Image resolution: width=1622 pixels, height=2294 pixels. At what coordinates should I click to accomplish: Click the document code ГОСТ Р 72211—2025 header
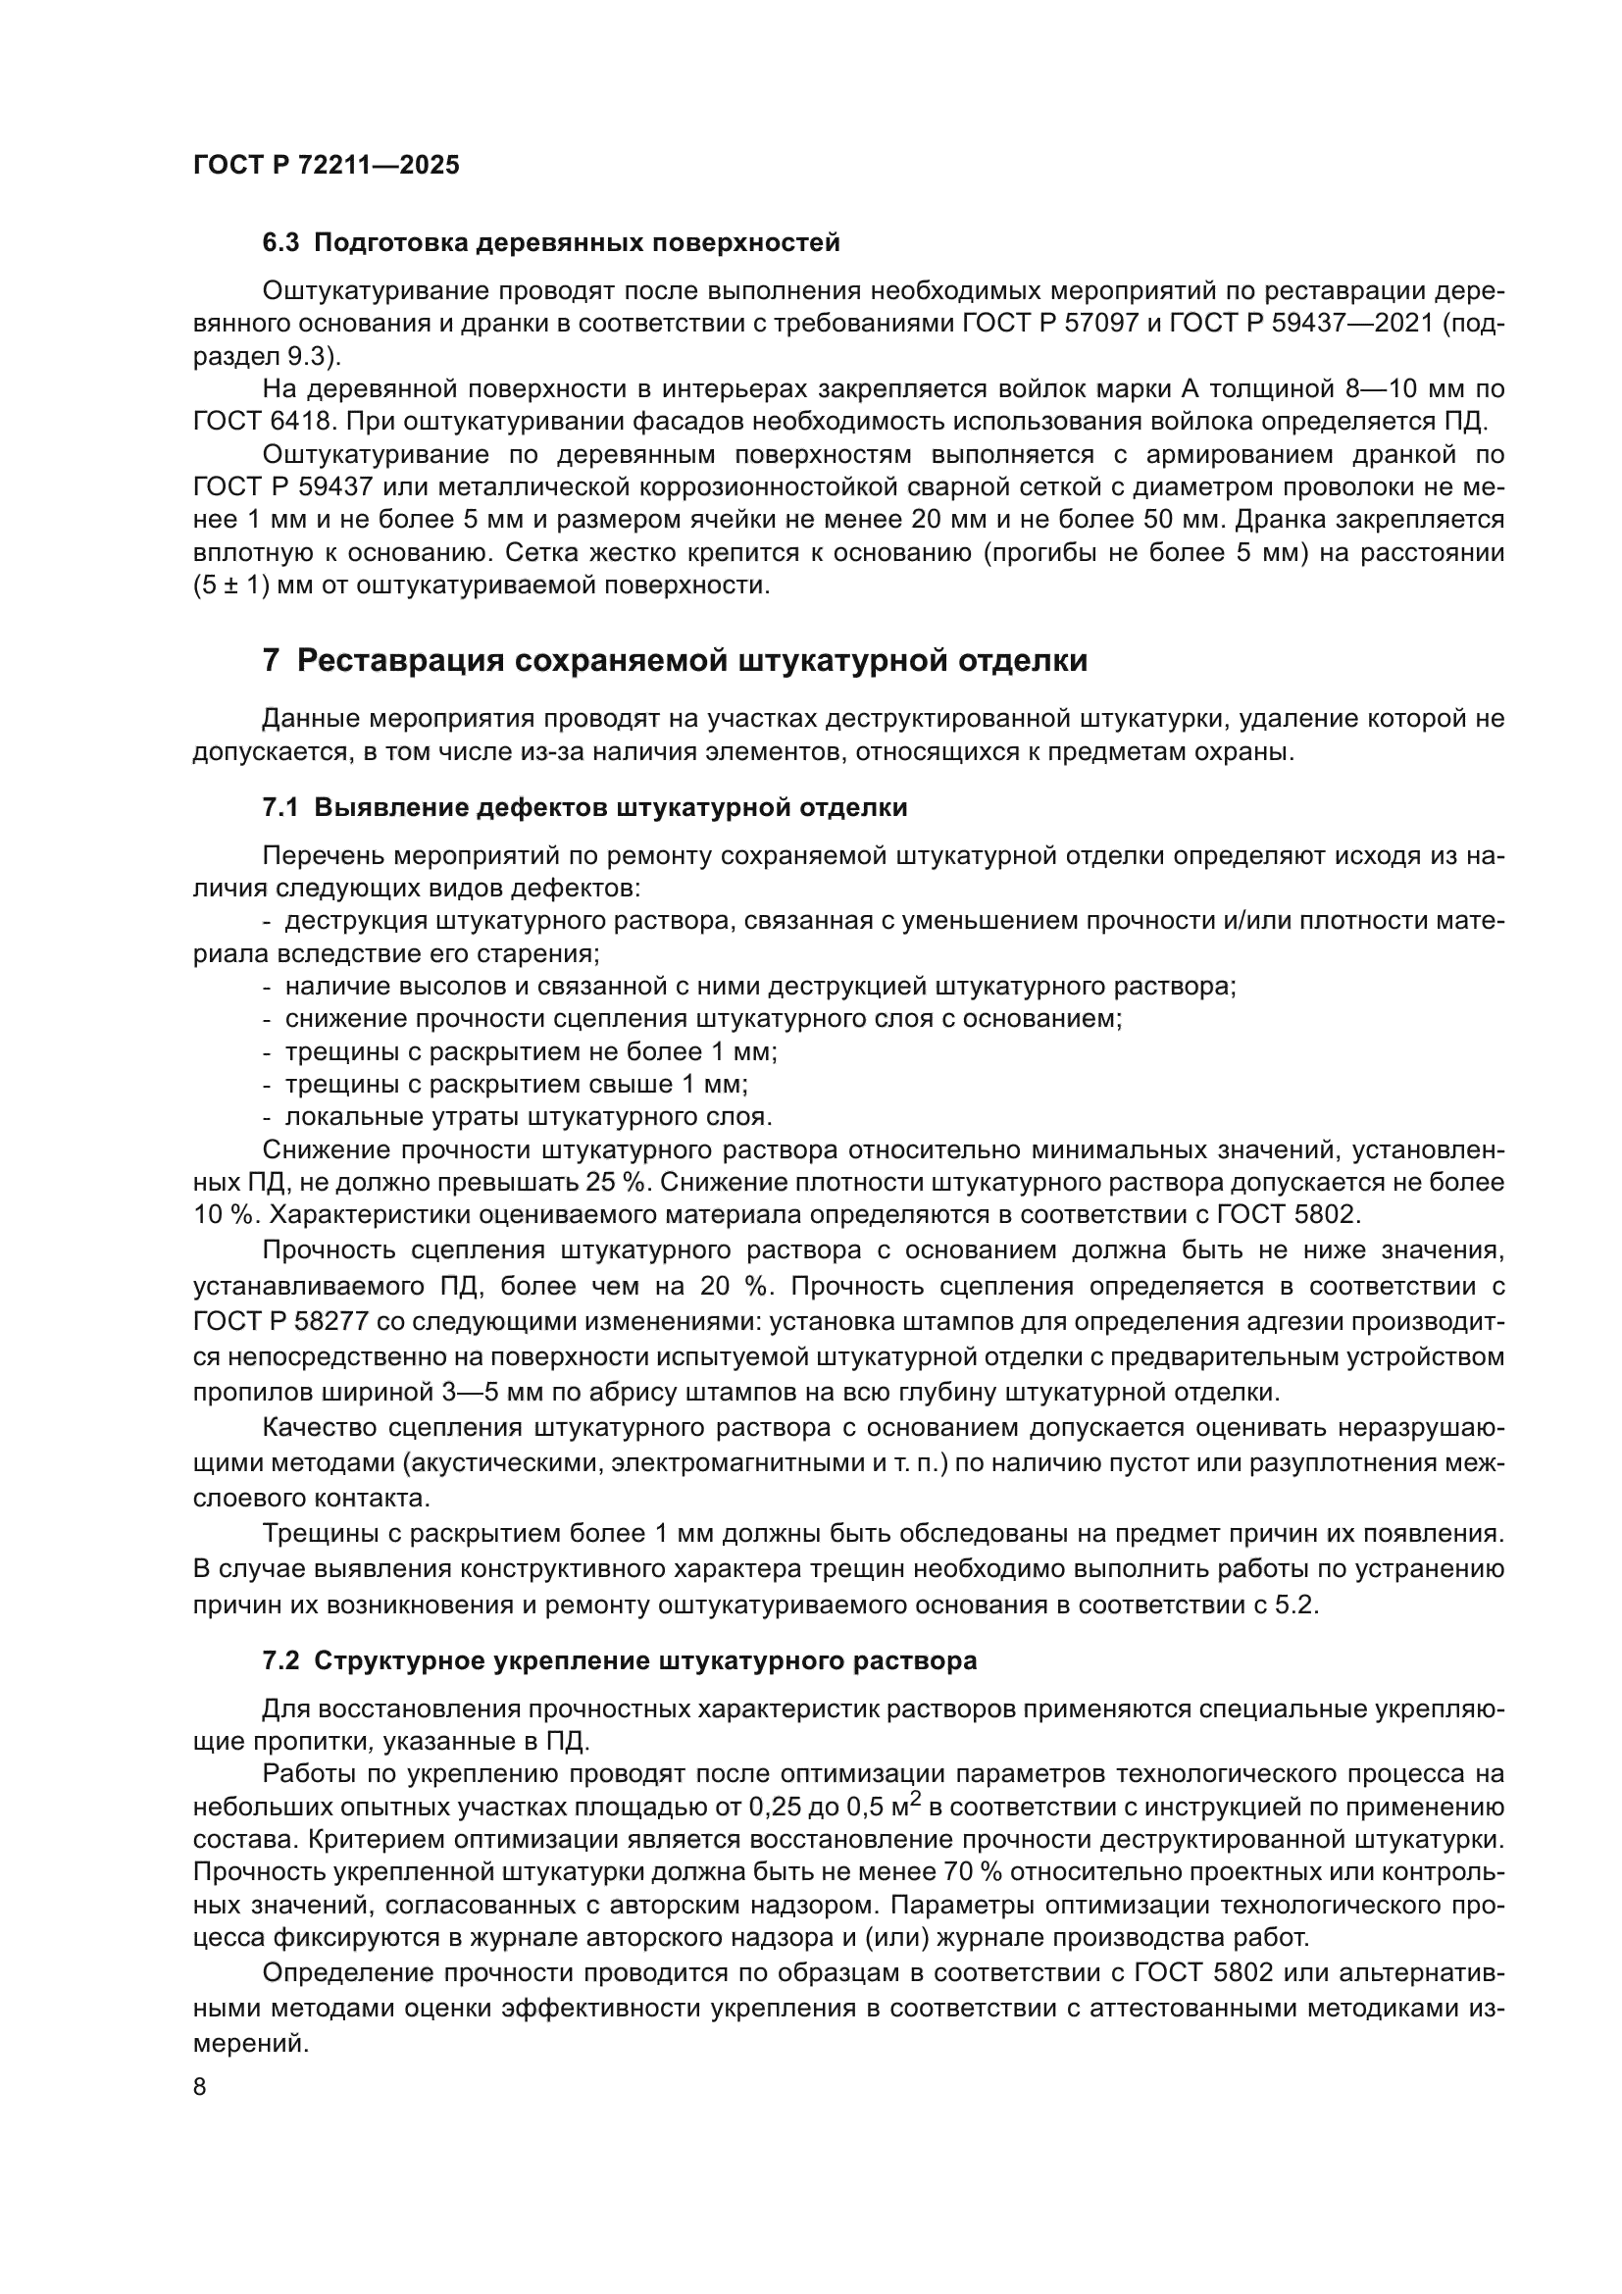click(x=327, y=166)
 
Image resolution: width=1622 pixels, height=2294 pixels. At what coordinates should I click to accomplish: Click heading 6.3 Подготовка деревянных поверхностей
click(x=550, y=243)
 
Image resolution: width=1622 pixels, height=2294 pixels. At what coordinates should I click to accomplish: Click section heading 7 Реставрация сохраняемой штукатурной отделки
click(x=674, y=660)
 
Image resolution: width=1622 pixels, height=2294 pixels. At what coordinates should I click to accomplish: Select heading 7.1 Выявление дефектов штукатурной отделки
click(x=584, y=807)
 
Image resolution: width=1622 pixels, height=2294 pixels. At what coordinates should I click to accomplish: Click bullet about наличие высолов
click(x=749, y=988)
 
